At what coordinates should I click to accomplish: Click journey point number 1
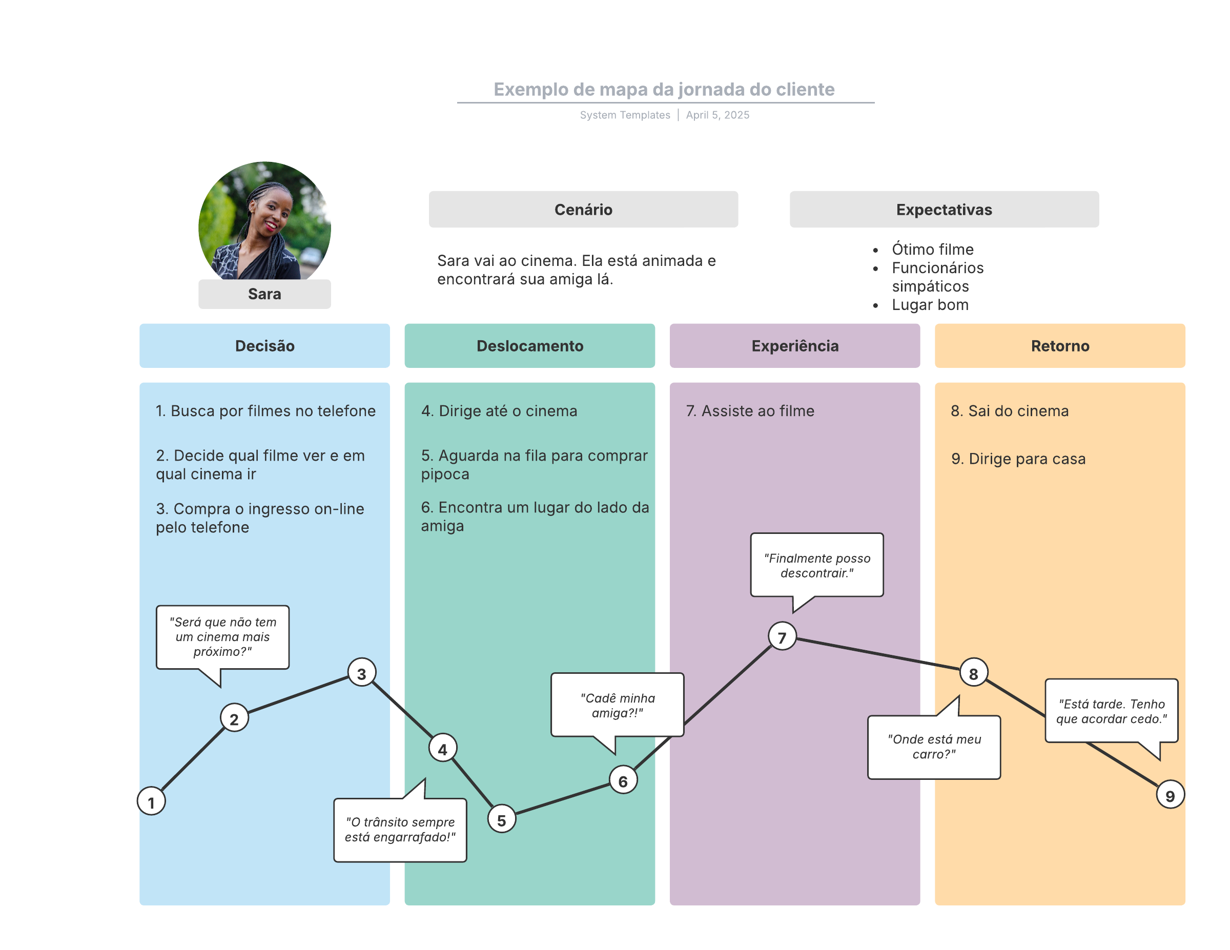(x=151, y=801)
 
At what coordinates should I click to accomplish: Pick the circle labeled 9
(x=1170, y=795)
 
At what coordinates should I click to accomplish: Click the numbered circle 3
(x=361, y=673)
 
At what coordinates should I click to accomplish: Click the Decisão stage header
(x=264, y=346)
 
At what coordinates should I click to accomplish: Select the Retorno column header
(x=1059, y=346)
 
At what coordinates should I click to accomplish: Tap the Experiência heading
(x=795, y=346)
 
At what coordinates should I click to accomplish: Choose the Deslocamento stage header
(x=529, y=346)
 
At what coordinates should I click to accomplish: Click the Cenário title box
(x=583, y=210)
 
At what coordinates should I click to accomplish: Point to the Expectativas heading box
(x=944, y=210)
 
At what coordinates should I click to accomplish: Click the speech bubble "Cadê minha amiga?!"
(x=617, y=705)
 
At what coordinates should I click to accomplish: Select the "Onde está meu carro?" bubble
(x=934, y=747)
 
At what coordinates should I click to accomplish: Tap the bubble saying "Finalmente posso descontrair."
(x=816, y=565)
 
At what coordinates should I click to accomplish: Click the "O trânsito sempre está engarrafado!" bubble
(x=400, y=830)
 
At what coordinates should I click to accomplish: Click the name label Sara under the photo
(x=264, y=294)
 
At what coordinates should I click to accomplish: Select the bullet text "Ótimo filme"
(x=932, y=250)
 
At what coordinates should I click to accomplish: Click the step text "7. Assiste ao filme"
(x=750, y=411)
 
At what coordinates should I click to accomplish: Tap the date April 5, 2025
(x=717, y=115)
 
